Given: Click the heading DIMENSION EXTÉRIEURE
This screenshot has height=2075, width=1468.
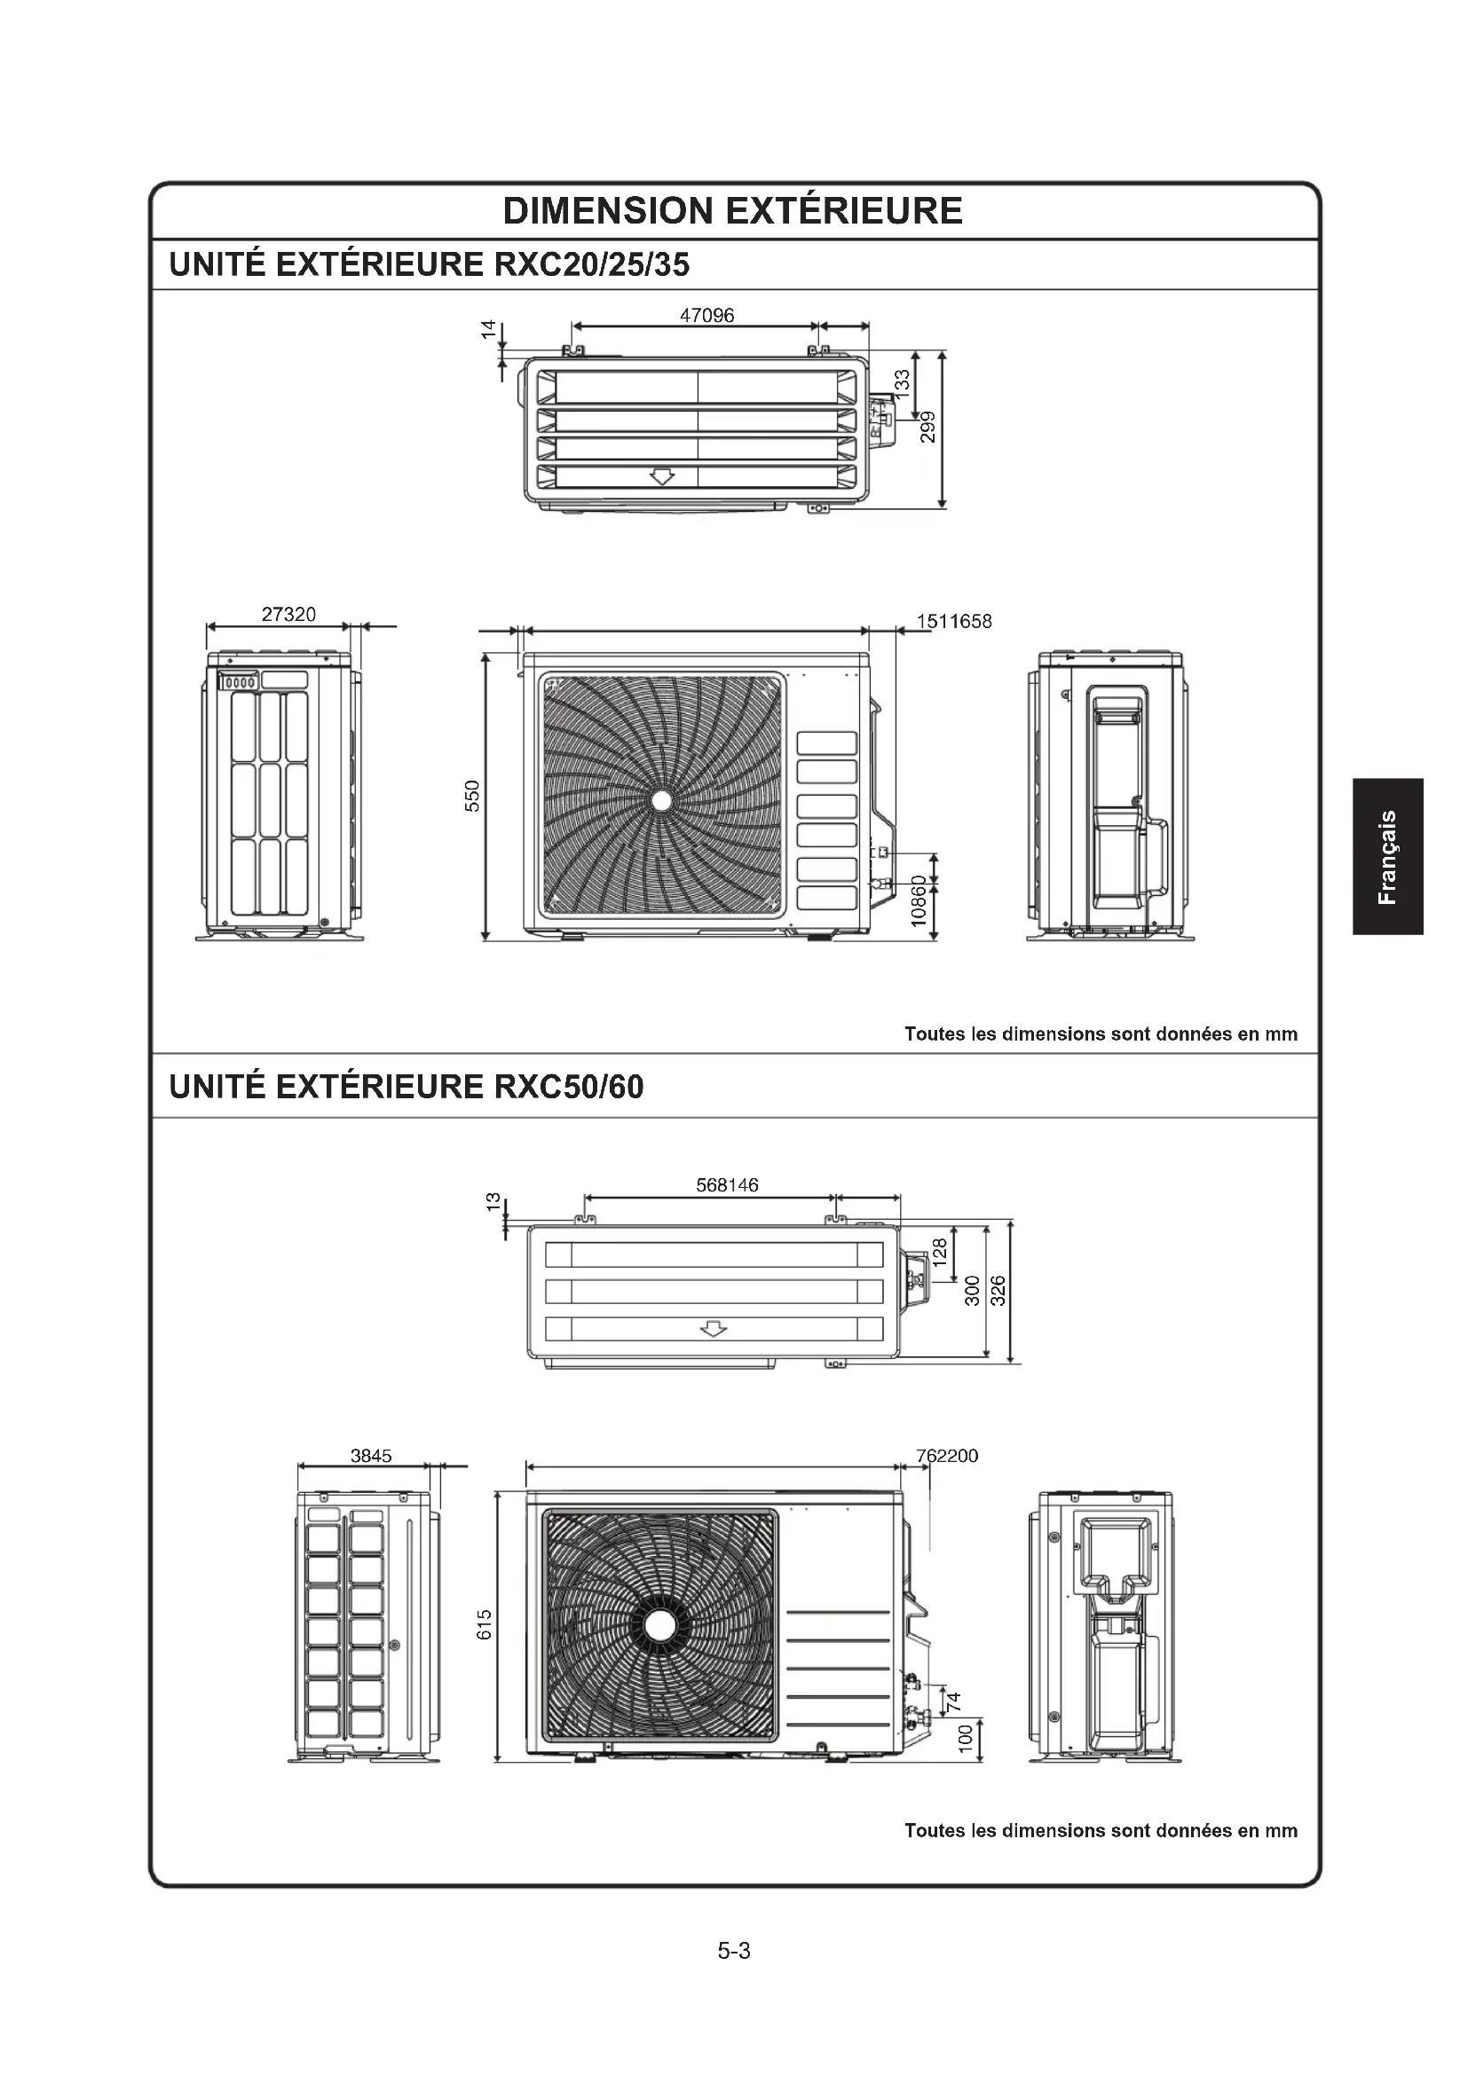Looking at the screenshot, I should tap(732, 210).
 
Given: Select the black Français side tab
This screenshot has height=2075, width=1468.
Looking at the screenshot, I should tap(1388, 856).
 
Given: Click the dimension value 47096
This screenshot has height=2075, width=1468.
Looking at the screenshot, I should tap(706, 316).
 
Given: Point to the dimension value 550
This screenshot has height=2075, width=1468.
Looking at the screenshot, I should tap(472, 795).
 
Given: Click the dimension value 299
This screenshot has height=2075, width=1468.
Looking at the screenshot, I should tap(928, 427).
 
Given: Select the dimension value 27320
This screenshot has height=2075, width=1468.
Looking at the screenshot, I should tap(288, 615).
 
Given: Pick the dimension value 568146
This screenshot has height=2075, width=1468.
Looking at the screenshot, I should tap(727, 1185).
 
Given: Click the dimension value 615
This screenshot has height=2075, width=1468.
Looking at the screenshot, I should tap(485, 1624).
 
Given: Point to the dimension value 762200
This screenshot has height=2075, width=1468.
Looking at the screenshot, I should tap(946, 1456).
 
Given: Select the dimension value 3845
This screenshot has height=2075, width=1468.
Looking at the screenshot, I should tap(371, 1456).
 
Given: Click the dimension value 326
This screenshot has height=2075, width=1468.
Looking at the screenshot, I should tap(997, 1291).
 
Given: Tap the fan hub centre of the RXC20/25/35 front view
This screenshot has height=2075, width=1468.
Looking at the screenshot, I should tap(661, 800).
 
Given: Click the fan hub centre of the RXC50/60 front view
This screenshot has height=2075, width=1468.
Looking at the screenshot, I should tap(659, 1625).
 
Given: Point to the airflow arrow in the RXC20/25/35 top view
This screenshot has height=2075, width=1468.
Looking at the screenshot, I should tap(663, 476).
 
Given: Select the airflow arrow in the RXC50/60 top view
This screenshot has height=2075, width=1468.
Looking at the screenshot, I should tap(714, 1329).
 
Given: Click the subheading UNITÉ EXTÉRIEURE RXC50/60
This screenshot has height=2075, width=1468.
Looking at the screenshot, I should tap(406, 1087).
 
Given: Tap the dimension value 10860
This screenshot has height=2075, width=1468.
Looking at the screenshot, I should tap(919, 900).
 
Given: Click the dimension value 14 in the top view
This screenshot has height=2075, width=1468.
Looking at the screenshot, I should tap(489, 330).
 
